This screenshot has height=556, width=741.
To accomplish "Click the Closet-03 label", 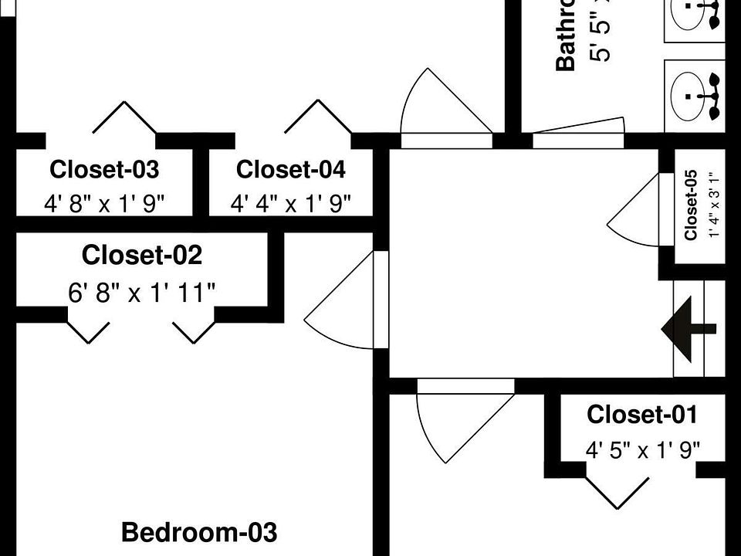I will [104, 169].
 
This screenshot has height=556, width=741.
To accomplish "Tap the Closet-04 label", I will [291, 169].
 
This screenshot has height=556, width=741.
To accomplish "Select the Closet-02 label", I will [142, 254].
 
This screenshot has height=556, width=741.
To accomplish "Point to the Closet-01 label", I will [642, 415].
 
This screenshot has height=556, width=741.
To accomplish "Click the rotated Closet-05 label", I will [692, 205].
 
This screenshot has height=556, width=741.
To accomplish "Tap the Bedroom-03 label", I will [199, 532].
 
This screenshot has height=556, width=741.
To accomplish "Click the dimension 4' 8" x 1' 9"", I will [104, 204].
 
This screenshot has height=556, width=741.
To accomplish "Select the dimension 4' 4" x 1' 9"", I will [291, 204].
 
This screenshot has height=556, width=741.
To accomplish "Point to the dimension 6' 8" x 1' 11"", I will [142, 293].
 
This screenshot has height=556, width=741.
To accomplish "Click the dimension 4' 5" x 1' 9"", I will [642, 450].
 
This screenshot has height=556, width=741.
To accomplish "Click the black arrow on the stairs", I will [687, 328].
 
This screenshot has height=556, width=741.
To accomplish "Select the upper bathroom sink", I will [695, 15].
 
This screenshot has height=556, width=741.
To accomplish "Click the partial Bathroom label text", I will [567, 35].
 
